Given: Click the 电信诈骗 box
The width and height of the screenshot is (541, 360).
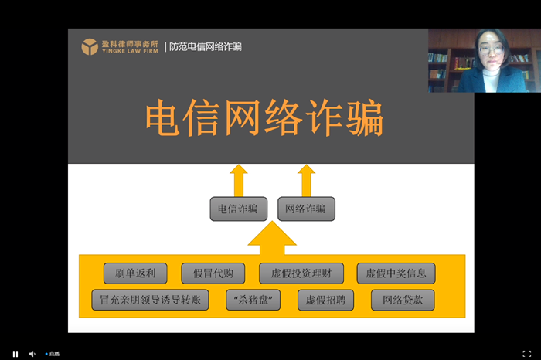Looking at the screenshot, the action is point(238,209).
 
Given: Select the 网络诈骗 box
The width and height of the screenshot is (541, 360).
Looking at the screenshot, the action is point(306,209).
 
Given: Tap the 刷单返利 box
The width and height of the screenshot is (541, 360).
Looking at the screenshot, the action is point(135,273).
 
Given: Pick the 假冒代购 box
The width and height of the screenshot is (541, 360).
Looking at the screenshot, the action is point(213,273).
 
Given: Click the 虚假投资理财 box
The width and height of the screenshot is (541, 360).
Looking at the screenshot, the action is point(301,273).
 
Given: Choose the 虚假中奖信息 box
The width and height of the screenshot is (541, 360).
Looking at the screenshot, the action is point(396,273).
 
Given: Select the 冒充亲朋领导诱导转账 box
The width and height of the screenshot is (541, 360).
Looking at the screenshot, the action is point(150,300).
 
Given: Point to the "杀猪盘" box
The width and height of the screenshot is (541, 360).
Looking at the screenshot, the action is point(253,300).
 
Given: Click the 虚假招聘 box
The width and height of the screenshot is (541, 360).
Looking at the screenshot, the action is point(325,300).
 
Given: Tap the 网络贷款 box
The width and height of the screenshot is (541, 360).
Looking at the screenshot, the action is point(403,300).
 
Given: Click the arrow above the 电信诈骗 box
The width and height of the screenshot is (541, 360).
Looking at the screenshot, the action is point(239,180).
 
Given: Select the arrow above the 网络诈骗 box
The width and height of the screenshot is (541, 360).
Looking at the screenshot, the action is point(306,180).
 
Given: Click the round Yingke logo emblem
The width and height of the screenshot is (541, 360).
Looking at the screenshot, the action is point(90,46).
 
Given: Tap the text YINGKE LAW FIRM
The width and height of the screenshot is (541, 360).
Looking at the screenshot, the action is point(130,51).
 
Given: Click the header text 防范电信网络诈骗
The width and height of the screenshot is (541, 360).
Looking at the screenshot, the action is point(206,46).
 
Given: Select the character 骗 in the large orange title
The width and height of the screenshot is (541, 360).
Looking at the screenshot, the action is point(365,117).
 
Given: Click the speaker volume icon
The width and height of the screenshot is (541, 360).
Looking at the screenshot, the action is point(32,354).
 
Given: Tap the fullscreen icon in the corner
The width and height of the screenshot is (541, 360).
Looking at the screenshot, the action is point(526,354).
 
